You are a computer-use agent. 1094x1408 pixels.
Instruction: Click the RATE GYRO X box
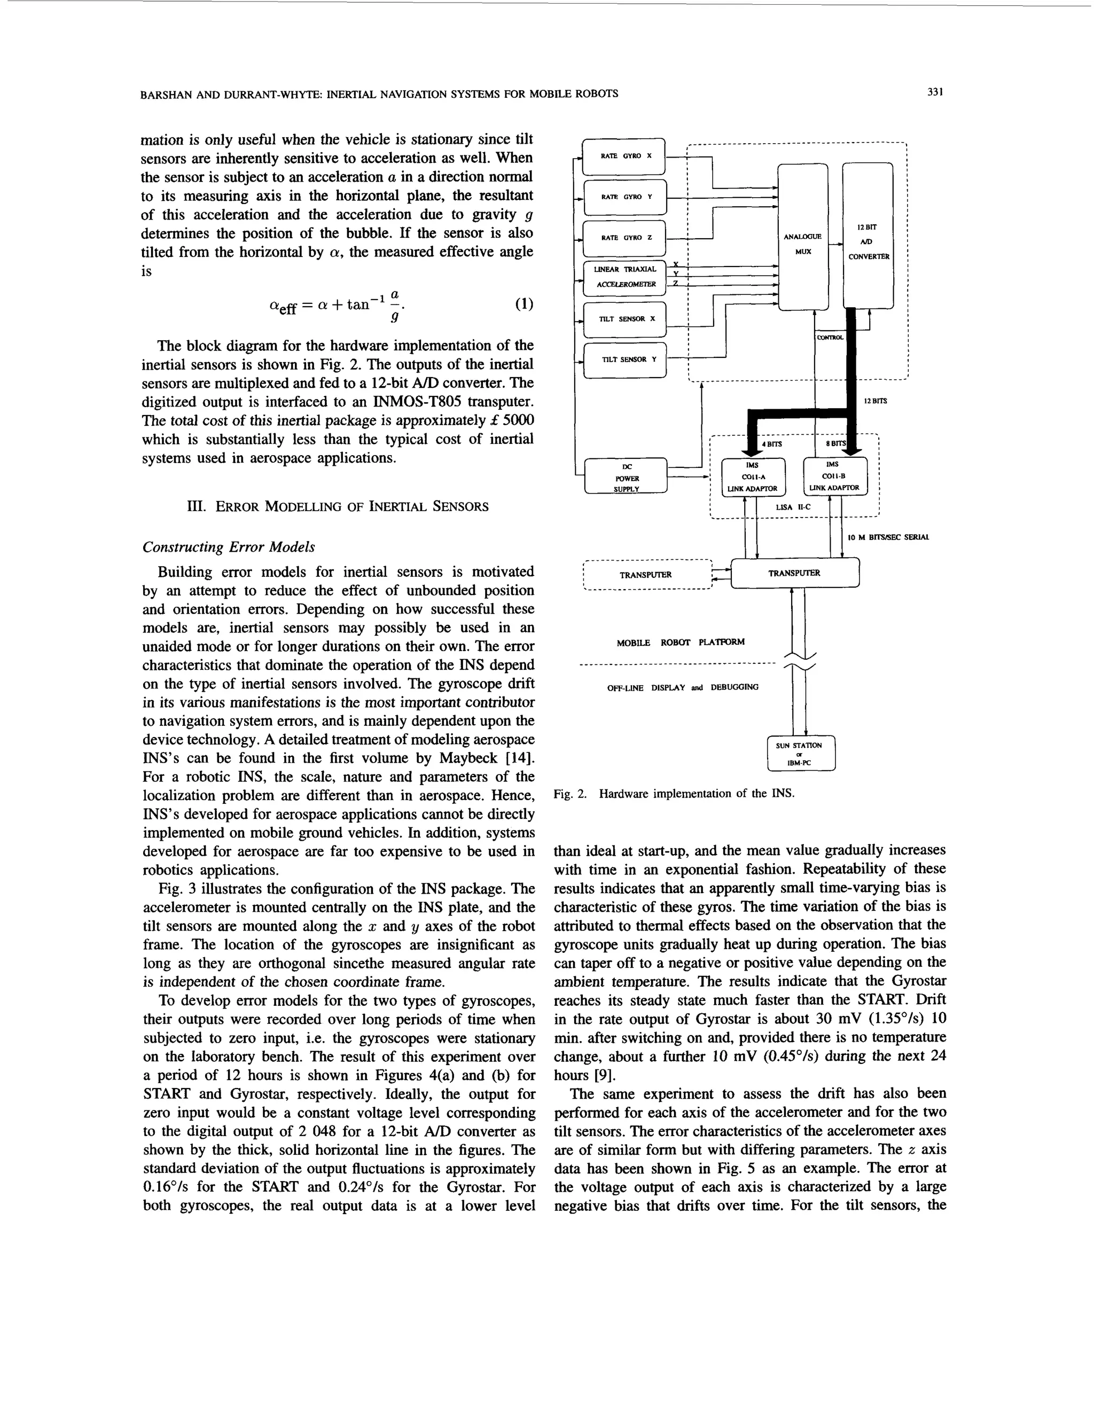coord(623,156)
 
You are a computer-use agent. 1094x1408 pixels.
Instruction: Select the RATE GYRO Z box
coord(623,238)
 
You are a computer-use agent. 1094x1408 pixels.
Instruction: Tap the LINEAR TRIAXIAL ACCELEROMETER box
coord(623,276)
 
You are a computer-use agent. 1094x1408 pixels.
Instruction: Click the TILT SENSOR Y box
coord(623,359)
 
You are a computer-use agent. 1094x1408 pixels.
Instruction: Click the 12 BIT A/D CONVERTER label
coord(868,242)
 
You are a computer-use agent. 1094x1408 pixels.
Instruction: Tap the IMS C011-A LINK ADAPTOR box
coord(752,476)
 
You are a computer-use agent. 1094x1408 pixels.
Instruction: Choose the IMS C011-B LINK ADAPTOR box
coord(835,476)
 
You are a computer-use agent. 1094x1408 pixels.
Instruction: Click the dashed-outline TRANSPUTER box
coord(645,574)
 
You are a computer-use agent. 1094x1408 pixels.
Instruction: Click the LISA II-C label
coord(793,507)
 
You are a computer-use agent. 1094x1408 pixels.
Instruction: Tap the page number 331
coord(935,93)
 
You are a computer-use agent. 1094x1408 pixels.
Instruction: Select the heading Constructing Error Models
coord(228,547)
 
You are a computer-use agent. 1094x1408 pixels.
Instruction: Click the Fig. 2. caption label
coord(571,794)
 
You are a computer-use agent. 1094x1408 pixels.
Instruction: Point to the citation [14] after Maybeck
coord(521,757)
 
